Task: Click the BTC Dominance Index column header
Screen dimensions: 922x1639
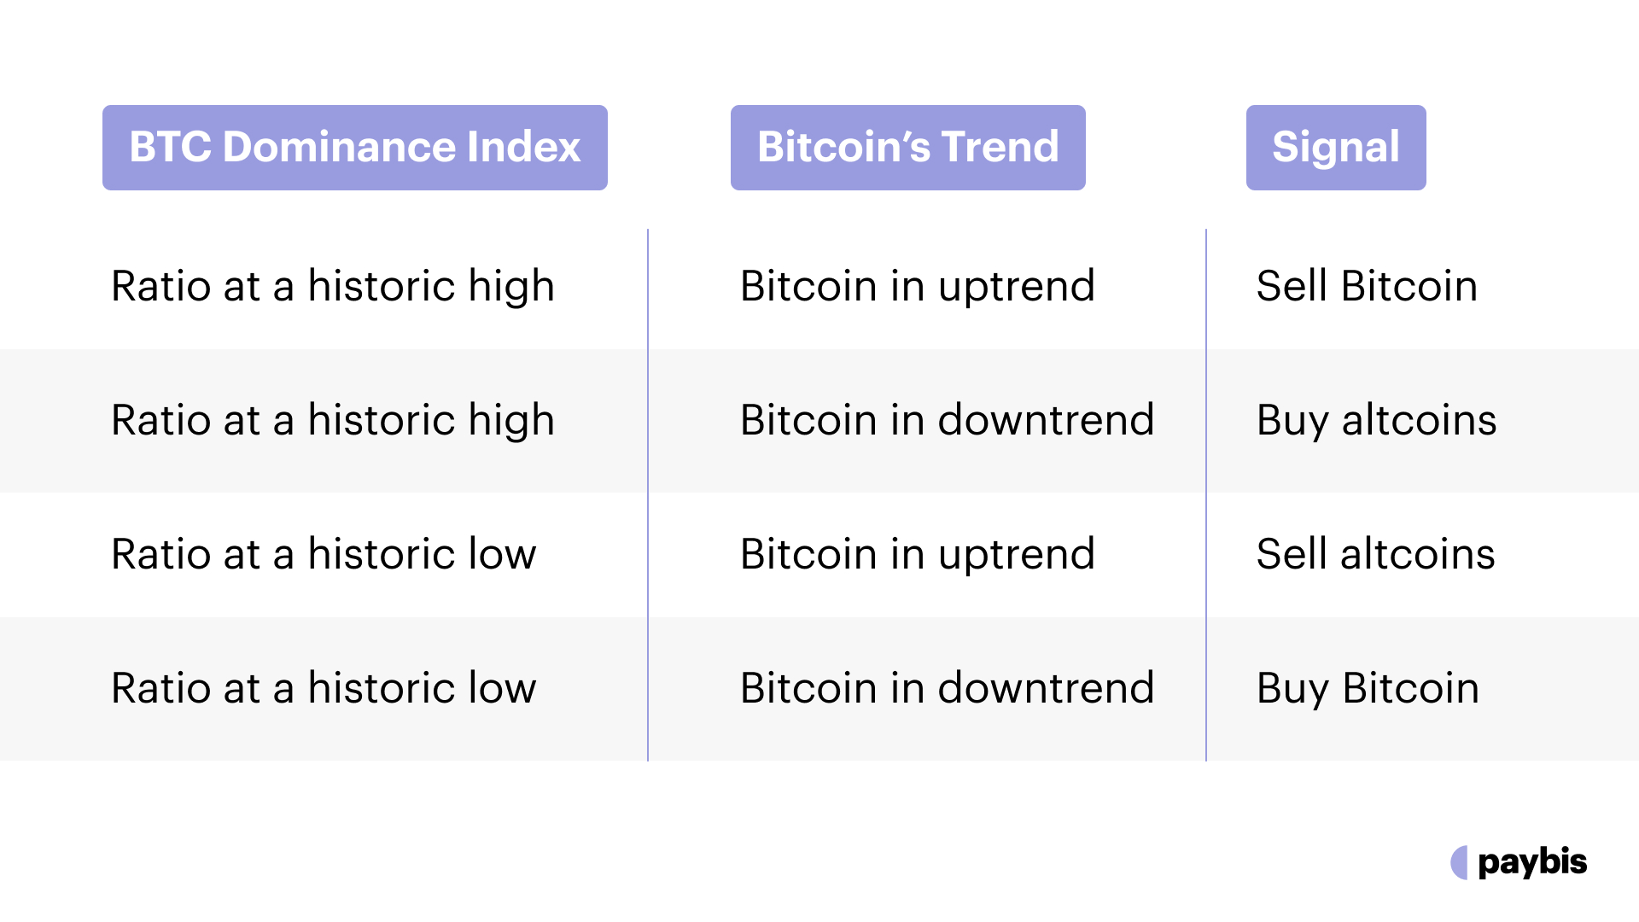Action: point(355,147)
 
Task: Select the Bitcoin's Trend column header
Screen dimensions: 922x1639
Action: point(907,147)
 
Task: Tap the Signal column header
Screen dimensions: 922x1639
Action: point(1336,147)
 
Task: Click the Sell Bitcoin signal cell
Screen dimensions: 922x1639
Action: point(1367,286)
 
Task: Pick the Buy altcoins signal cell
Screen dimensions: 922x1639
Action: point(1376,420)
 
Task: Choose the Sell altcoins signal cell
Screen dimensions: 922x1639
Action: point(1375,554)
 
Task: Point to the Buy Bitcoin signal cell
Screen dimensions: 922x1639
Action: point(1368,688)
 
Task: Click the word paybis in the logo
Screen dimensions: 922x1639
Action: point(1532,862)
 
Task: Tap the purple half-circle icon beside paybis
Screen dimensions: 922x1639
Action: point(1459,862)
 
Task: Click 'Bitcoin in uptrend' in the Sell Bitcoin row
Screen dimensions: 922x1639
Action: point(917,286)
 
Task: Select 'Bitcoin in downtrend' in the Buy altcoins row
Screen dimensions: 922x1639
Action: point(947,420)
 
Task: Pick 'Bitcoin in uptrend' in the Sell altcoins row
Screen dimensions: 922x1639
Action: point(917,554)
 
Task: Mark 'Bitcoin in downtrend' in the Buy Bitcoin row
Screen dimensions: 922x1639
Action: point(947,688)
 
